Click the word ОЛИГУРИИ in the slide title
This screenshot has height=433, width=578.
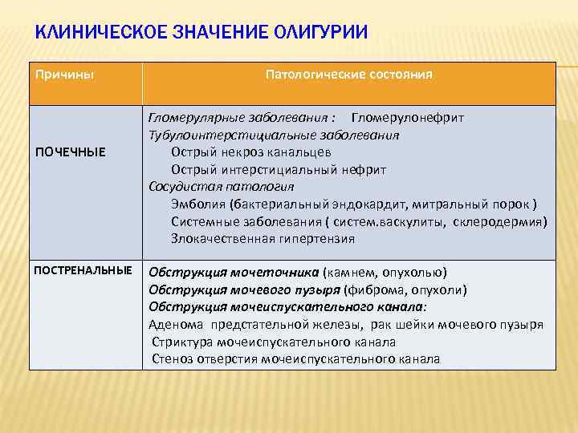point(321,33)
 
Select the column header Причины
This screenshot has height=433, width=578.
point(64,75)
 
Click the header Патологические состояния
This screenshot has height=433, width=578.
point(348,75)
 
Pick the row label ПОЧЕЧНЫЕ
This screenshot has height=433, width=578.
point(70,152)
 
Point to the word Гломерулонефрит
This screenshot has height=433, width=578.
point(407,118)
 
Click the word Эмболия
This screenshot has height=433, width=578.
point(194,204)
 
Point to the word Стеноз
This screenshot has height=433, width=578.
point(171,359)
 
